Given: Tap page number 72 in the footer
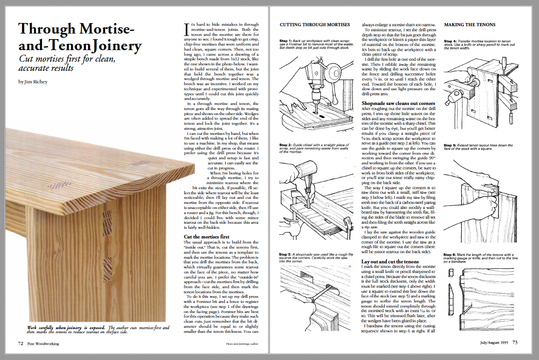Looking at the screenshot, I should (21, 343).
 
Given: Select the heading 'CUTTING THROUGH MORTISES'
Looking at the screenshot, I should (315, 25).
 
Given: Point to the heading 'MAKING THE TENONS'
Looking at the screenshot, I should (469, 25).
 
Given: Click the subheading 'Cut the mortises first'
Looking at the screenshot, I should (206, 237).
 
